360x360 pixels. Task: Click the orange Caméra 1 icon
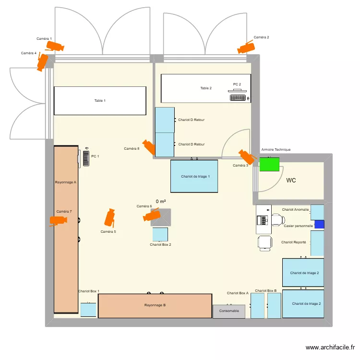(54, 46)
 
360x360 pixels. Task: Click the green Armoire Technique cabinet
(268, 165)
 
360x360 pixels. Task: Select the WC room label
(291, 180)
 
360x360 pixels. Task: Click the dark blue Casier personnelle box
(319, 224)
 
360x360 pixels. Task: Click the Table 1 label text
(100, 101)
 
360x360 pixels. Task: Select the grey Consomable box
(229, 311)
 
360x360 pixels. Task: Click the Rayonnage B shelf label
(155, 305)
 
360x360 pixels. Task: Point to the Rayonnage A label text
(66, 182)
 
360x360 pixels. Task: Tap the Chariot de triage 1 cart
(194, 176)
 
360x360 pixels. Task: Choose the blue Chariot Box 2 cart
(160, 235)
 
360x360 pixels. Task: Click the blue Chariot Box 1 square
(88, 310)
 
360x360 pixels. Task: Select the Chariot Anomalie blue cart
(317, 212)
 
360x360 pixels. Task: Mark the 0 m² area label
(160, 202)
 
